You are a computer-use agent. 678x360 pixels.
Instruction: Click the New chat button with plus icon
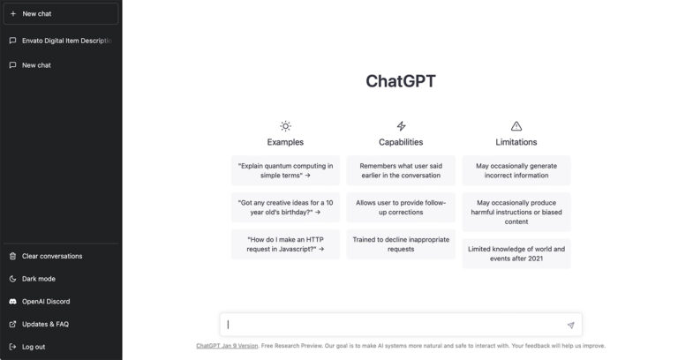click(60, 14)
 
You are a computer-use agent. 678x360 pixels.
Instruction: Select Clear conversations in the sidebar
click(51, 256)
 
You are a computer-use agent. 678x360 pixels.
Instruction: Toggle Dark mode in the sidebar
click(38, 279)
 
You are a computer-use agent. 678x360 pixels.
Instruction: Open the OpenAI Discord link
click(45, 302)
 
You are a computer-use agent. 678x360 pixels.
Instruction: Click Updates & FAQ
click(44, 324)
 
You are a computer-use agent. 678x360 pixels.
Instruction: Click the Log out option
click(34, 347)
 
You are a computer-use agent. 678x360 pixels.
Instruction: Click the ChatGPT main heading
click(400, 81)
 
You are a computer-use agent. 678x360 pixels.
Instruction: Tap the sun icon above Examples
click(285, 126)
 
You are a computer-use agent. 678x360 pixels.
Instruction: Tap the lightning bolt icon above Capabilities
click(401, 126)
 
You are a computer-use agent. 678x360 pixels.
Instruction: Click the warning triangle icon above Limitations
click(516, 126)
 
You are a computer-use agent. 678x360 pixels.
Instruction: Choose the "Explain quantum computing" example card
click(285, 170)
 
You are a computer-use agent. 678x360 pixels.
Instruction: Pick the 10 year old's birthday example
click(285, 207)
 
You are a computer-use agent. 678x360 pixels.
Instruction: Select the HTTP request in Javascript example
click(285, 244)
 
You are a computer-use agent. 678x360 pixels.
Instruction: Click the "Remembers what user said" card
click(401, 170)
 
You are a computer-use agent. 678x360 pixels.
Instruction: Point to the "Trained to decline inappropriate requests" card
click(401, 244)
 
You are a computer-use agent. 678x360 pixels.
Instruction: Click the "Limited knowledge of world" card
click(516, 254)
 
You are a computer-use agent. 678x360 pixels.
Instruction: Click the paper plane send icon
click(570, 326)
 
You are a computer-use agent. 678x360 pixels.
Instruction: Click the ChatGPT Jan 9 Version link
click(227, 346)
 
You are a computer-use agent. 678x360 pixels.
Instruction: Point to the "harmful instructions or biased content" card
click(516, 212)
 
